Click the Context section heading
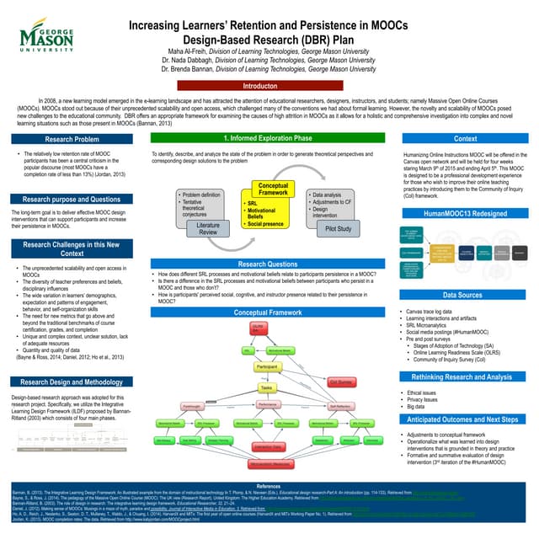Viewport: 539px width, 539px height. coord(465,138)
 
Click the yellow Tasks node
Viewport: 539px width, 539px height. coord(267,387)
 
